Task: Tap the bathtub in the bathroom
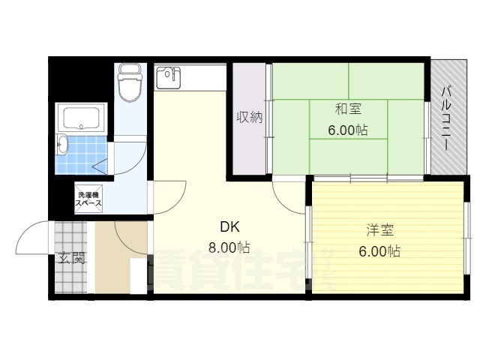point(82,118)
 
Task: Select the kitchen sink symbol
point(166,75)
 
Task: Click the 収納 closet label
point(250,118)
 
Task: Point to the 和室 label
point(347,109)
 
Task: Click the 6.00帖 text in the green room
point(347,130)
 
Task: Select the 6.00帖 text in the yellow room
point(379,251)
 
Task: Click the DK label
point(229,226)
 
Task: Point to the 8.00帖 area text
point(229,247)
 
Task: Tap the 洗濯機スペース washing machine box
point(88,199)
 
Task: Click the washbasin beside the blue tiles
point(62,145)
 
